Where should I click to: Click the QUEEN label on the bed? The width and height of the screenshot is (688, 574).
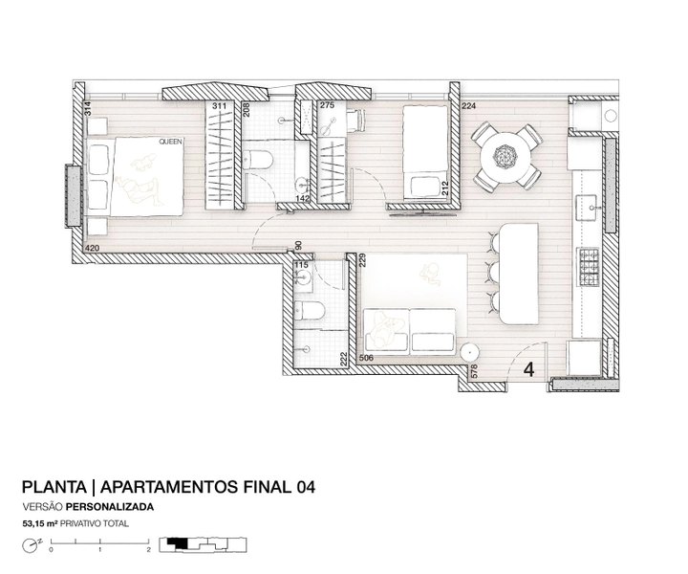[x=171, y=142]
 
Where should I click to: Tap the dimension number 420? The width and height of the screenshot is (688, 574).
[x=92, y=248]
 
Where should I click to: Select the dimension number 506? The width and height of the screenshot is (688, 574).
[x=366, y=358]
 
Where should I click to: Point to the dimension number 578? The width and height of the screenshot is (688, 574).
[x=473, y=371]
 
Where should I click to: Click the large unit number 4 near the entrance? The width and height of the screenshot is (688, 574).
[x=529, y=370]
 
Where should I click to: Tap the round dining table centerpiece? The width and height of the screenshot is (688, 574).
[x=505, y=156]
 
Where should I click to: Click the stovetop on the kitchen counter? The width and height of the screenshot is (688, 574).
[x=588, y=267]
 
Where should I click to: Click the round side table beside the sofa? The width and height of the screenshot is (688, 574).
[x=469, y=352]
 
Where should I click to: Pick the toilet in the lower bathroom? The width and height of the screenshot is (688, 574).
[x=310, y=311]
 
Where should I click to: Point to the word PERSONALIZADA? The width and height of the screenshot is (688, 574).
[x=110, y=507]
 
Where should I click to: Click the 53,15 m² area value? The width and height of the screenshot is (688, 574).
[x=40, y=523]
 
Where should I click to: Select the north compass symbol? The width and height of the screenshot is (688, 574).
[x=31, y=545]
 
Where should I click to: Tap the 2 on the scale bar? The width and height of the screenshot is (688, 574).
[x=149, y=549]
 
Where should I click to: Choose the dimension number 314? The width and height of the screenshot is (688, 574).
[x=88, y=109]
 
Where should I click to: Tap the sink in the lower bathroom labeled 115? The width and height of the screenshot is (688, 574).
[x=304, y=277]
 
